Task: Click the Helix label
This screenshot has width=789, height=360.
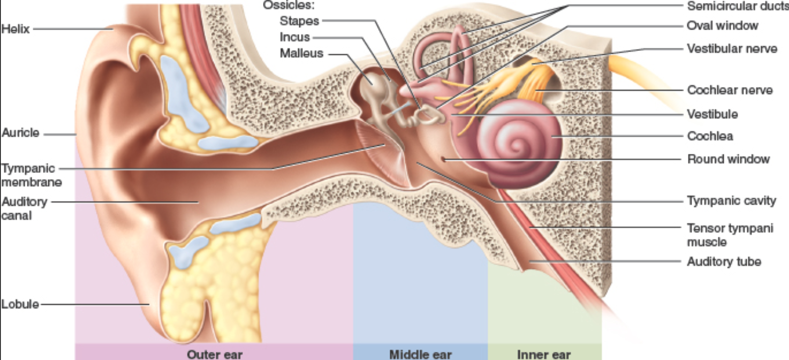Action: pyautogui.click(x=15, y=29)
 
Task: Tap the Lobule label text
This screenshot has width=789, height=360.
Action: pyautogui.click(x=20, y=304)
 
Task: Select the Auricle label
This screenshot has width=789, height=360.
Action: pyautogui.click(x=20, y=133)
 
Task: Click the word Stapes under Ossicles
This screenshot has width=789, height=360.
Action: pyautogui.click(x=299, y=21)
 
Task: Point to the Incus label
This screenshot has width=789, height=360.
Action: pyautogui.click(x=295, y=37)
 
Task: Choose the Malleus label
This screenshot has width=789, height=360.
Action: pyautogui.click(x=301, y=53)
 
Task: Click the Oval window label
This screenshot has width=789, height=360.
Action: pyautogui.click(x=722, y=26)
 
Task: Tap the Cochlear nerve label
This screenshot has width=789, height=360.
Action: pyautogui.click(x=730, y=90)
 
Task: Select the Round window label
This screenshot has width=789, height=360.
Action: pyautogui.click(x=728, y=159)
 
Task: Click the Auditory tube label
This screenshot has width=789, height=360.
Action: pyautogui.click(x=724, y=261)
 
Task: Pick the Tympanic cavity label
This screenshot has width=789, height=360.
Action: pyautogui.click(x=731, y=201)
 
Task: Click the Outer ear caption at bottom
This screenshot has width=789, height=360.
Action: pyautogui.click(x=214, y=354)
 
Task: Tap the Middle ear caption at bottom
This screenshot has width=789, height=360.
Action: pyautogui.click(x=420, y=354)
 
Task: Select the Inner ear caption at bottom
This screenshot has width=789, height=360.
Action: pyautogui.click(x=544, y=354)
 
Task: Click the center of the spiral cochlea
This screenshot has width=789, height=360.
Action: pyautogui.click(x=515, y=146)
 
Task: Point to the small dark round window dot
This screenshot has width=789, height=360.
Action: pyautogui.click(x=444, y=159)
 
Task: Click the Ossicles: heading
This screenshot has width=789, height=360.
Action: pyautogui.click(x=289, y=5)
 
